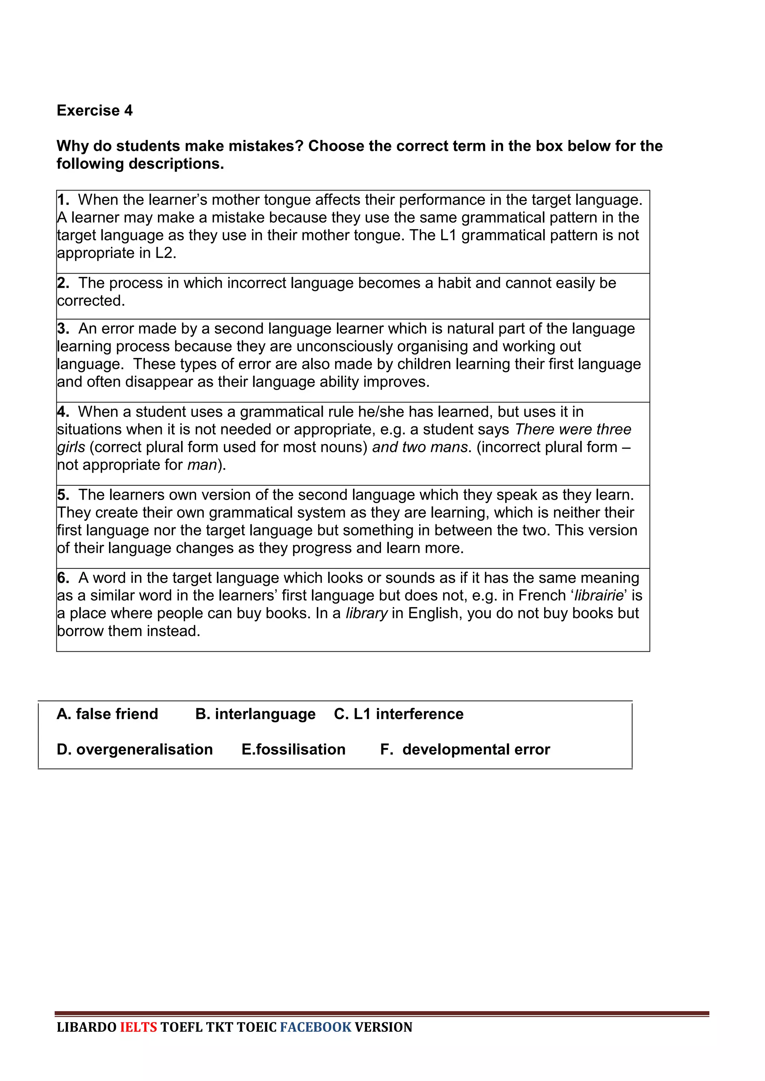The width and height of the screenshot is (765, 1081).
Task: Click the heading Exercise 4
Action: [94, 110]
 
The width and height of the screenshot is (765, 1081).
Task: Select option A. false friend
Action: [108, 714]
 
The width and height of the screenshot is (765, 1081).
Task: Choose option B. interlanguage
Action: [255, 714]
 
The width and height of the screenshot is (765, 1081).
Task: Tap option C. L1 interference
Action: [399, 714]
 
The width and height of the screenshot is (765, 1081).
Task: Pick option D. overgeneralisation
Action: [135, 749]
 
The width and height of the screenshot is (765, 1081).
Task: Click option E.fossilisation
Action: [294, 749]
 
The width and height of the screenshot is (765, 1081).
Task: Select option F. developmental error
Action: [465, 749]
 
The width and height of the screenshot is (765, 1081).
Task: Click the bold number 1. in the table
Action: [63, 200]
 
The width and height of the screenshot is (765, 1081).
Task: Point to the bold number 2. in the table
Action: [63, 283]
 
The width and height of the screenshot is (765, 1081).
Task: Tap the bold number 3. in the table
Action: [63, 328]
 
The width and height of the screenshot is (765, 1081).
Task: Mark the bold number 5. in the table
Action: [63, 495]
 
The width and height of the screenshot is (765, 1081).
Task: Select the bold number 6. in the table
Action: [63, 578]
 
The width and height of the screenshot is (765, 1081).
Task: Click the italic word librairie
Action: [599, 596]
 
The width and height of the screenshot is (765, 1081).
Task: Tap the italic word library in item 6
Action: [366, 614]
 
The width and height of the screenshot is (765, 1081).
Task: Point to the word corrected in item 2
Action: [90, 301]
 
